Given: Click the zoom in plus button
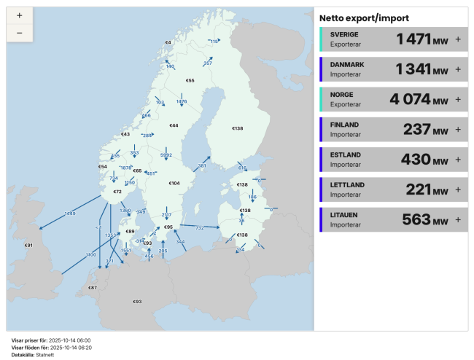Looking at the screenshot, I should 19,16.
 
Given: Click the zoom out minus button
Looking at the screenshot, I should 19,33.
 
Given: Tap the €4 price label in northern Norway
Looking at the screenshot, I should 168,43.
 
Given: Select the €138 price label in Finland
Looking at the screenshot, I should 237,129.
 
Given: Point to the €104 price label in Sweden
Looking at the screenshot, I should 174,183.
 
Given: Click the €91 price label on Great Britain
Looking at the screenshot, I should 28,246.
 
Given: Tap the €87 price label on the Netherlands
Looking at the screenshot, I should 93,288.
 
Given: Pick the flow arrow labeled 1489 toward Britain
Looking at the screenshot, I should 70,213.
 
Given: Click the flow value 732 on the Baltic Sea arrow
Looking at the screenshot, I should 199,228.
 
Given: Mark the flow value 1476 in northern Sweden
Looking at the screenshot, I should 182,101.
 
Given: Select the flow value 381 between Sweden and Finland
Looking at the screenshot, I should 202,165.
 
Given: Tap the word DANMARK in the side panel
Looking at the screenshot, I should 347,65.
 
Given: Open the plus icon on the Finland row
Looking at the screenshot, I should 458,129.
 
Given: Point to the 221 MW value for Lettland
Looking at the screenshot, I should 427,189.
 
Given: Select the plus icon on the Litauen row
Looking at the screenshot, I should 458,219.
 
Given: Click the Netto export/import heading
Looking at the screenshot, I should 364,17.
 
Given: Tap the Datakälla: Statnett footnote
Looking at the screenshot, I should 33,354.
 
